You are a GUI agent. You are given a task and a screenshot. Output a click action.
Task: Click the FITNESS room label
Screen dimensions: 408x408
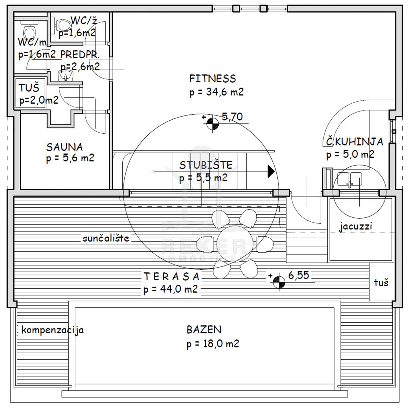click(213, 79)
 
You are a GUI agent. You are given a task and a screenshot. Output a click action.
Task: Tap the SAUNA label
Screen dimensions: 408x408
click(65, 147)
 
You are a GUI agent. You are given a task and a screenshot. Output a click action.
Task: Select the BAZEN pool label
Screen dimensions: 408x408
click(204, 329)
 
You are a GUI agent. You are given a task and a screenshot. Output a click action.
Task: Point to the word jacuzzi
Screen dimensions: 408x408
click(356, 226)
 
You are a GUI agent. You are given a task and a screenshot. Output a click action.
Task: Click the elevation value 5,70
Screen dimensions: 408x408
click(232, 117)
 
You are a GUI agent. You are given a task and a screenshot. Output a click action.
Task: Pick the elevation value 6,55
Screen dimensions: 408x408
click(299, 275)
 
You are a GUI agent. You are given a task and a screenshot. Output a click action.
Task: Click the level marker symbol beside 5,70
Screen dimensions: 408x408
click(213, 124)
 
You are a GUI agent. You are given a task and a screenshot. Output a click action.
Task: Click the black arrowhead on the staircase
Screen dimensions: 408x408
click(271, 171)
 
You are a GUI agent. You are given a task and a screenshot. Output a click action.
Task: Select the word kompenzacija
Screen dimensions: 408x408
click(53, 330)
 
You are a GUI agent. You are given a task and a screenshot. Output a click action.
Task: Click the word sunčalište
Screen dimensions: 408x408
click(106, 238)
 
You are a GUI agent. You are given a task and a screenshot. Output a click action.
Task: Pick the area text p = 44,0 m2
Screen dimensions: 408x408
click(170, 290)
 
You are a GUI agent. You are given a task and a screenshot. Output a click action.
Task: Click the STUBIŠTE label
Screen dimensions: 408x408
click(206, 165)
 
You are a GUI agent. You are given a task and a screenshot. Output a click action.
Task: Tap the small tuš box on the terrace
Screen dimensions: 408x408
click(380, 282)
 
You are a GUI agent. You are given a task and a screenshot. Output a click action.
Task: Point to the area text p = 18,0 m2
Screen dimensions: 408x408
click(213, 344)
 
